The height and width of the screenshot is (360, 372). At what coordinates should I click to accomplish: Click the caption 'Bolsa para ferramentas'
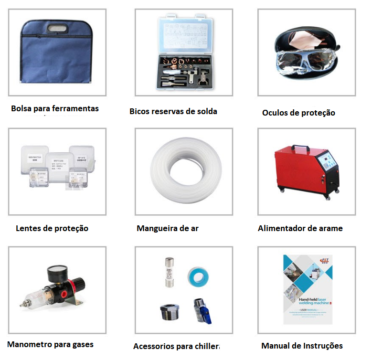click(55, 108)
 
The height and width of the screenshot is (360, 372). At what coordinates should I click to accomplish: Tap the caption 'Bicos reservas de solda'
click(173, 111)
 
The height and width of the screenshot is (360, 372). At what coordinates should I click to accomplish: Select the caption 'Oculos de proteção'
click(298, 113)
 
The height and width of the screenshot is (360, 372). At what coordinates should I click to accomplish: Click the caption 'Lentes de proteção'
click(52, 228)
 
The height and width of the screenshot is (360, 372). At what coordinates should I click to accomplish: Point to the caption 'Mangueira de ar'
click(168, 228)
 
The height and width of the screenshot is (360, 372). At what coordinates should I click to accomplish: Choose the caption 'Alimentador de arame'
click(300, 228)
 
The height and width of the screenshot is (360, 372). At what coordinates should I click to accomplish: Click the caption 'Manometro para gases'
click(51, 344)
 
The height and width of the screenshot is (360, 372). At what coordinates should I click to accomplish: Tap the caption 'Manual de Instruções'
click(302, 346)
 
